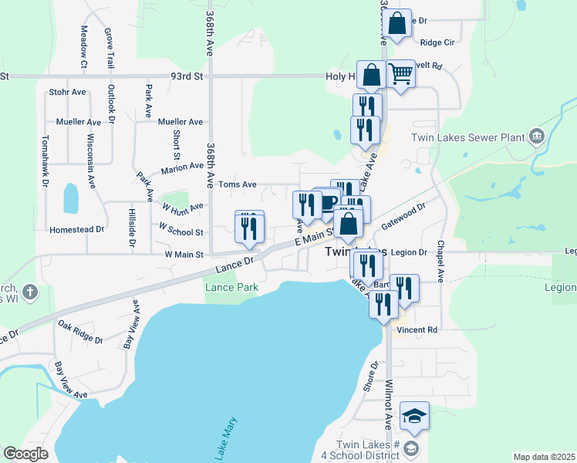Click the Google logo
point(25,455)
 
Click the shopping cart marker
point(400,75)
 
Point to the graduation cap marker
point(415,417)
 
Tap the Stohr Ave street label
point(68,92)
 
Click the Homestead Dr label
point(76,230)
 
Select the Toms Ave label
point(237,184)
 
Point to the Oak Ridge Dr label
point(80,332)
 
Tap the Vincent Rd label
point(417,330)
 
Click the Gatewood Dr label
point(403,218)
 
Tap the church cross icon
point(29,292)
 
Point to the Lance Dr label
point(235,264)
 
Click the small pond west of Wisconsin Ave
point(70,198)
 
